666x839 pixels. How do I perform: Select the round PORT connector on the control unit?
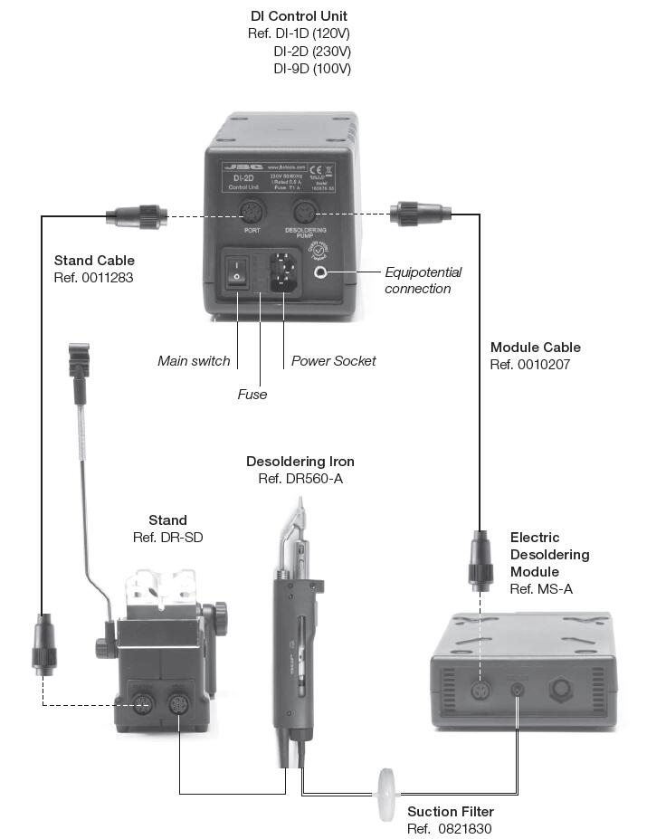click(252, 214)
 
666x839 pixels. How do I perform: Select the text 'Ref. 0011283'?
click(93, 278)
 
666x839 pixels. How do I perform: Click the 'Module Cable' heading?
click(535, 348)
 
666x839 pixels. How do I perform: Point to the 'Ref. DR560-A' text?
click(300, 479)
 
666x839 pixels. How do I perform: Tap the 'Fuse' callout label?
click(252, 395)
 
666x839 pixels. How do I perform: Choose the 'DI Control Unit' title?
click(299, 16)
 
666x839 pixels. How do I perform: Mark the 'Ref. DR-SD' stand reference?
click(167, 538)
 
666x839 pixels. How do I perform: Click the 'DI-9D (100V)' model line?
click(312, 69)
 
